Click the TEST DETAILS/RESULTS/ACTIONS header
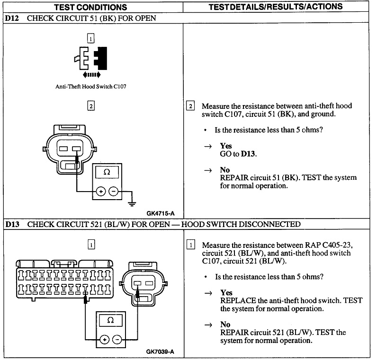click(x=276, y=7)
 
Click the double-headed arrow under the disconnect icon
click(x=91, y=75)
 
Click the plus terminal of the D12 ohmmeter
click(x=100, y=192)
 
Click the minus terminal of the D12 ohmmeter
click(x=113, y=192)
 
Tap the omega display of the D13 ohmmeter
click(x=110, y=320)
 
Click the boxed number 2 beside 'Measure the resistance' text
click(x=190, y=106)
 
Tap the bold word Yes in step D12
click(x=226, y=146)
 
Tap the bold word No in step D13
click(x=225, y=325)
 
